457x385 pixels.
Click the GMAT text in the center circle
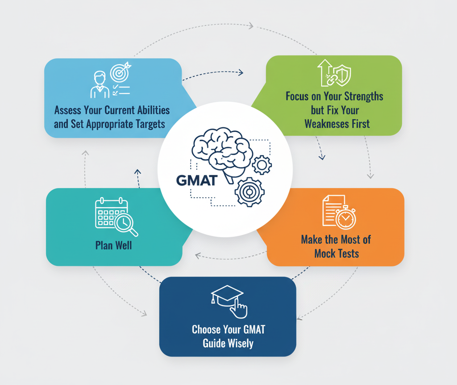click(x=197, y=180)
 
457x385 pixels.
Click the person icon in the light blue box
click(x=100, y=85)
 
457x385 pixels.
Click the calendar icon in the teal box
click(x=109, y=213)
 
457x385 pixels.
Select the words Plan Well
click(x=113, y=245)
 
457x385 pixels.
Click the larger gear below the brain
click(x=249, y=192)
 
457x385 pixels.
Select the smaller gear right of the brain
click(x=262, y=165)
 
